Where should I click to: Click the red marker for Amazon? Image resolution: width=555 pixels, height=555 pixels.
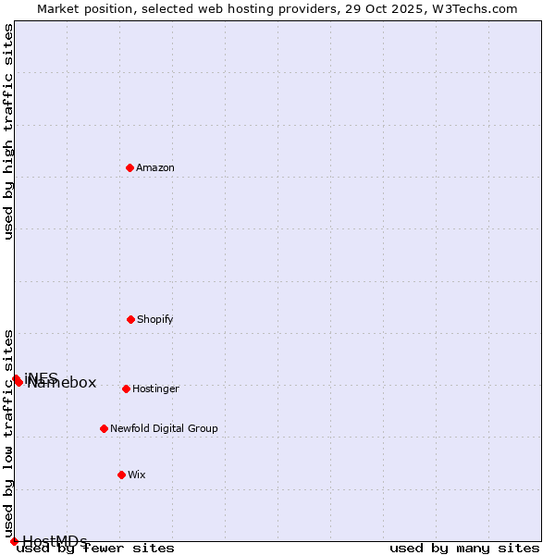(129, 167)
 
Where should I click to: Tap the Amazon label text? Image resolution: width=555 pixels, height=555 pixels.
(155, 167)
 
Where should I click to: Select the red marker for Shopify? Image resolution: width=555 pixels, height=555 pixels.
(130, 319)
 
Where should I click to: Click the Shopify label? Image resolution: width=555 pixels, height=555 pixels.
(155, 319)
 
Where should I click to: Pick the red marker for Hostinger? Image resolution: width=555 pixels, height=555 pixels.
(126, 388)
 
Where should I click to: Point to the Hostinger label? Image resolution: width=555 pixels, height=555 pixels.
(155, 388)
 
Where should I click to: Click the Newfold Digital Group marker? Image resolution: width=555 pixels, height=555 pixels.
(104, 428)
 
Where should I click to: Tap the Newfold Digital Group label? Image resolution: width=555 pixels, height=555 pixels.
(164, 428)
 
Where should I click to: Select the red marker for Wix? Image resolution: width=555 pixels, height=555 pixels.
(121, 475)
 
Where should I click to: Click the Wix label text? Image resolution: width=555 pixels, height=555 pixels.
(137, 475)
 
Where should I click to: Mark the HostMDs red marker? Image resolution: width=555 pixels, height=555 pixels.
(14, 541)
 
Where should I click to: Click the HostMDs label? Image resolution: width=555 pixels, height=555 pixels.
(55, 541)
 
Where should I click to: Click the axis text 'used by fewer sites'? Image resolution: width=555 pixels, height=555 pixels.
(95, 549)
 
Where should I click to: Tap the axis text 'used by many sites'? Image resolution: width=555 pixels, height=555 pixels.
(464, 549)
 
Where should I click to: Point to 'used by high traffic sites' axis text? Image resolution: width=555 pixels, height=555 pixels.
(8, 131)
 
